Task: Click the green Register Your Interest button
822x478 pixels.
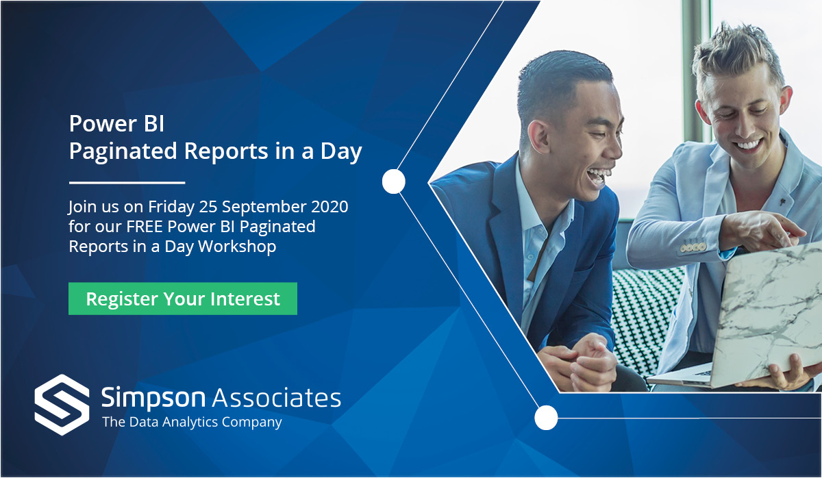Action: pos(183,299)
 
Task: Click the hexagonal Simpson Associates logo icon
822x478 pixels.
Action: pos(62,405)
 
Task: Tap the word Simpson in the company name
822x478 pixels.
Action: pos(153,398)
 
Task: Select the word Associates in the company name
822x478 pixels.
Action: pos(277,398)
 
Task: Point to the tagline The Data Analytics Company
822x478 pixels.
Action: pos(192,423)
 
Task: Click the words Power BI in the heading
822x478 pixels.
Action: pos(116,124)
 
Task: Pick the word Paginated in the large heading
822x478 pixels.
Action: pos(123,151)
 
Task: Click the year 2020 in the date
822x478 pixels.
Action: pos(329,207)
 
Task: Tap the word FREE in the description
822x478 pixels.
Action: pos(145,227)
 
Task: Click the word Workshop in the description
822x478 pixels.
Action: pos(237,246)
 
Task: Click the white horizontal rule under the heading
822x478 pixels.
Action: pos(127,182)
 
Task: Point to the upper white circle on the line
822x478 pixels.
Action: pos(393,181)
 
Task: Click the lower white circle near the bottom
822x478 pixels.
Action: pos(546,418)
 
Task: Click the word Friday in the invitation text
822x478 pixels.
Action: pos(171,207)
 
